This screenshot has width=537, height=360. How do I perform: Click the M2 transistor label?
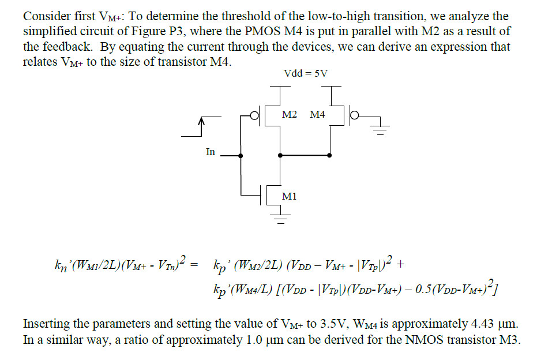tap(290, 114)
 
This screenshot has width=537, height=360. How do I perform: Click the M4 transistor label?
tap(317, 114)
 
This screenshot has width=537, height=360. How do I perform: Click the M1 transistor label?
tap(289, 196)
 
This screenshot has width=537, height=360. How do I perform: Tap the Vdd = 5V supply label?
tap(306, 73)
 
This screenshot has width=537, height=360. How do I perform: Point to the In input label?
tap(211, 152)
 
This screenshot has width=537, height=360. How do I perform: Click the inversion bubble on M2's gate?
tap(254, 116)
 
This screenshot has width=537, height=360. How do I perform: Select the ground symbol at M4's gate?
tap(380, 129)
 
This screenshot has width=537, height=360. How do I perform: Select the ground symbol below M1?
tap(281, 219)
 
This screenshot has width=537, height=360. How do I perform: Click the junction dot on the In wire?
tap(241, 156)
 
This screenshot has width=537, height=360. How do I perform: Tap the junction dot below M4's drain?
tap(329, 155)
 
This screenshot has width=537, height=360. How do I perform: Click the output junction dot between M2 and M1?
tap(280, 155)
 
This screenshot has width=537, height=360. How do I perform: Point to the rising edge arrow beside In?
tap(201, 126)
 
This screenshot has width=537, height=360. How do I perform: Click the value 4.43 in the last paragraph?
tap(482, 323)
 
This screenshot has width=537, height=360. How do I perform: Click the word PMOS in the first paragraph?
tap(263, 31)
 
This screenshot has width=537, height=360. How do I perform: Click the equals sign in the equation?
tap(194, 265)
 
